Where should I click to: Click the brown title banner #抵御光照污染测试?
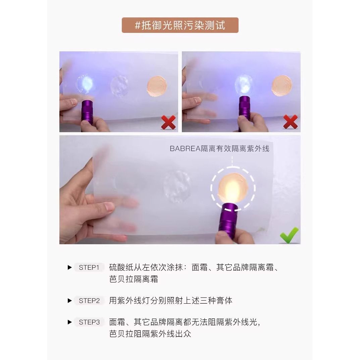click(x=180, y=25)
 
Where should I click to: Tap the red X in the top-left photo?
click(x=168, y=122)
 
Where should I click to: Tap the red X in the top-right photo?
click(x=291, y=122)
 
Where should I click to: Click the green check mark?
click(x=289, y=235)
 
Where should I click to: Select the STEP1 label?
click(x=89, y=267)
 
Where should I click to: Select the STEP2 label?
click(x=89, y=301)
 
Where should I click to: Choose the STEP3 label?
click(x=89, y=322)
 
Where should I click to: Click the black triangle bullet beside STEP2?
click(x=70, y=301)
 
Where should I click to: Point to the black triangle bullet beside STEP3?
click(x=70, y=322)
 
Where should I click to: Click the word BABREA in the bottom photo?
click(x=185, y=149)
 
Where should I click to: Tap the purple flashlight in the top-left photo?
click(x=87, y=112)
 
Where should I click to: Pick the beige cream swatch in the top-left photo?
click(x=157, y=86)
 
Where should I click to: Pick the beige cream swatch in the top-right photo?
click(x=282, y=86)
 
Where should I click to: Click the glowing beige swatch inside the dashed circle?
click(x=233, y=188)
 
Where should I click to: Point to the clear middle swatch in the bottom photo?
click(x=177, y=187)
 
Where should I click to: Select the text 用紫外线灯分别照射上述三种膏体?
click(x=170, y=301)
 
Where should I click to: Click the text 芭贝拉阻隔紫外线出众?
click(x=150, y=333)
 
